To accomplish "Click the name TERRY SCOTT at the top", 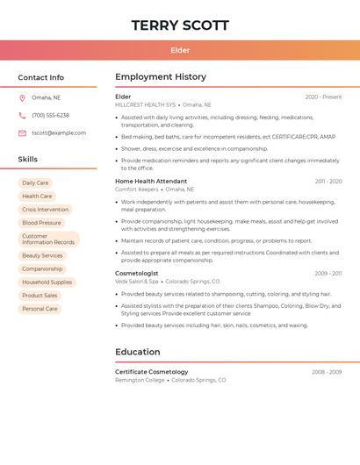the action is [180, 25].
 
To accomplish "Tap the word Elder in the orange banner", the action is [180, 51].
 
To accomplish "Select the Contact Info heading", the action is [41, 77].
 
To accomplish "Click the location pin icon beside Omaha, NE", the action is [22, 97].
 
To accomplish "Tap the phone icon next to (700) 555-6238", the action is [22, 115].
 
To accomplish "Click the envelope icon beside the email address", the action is [22, 133].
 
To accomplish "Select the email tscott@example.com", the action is [59, 133].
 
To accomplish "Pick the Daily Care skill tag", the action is [35, 183].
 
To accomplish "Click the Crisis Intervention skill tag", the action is [45, 210].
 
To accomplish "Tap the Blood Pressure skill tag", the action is [41, 223].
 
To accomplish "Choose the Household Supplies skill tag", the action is [47, 283].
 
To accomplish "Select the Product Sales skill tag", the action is [40, 296].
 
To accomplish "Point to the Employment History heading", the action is [161, 77].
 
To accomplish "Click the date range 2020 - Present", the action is [323, 97].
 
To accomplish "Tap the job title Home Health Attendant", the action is [151, 182].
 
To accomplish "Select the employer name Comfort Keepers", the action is [137, 190].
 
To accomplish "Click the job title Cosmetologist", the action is [137, 273].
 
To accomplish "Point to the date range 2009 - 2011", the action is [328, 274].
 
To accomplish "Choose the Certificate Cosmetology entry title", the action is [152, 372].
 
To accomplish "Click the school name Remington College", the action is [140, 380].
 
